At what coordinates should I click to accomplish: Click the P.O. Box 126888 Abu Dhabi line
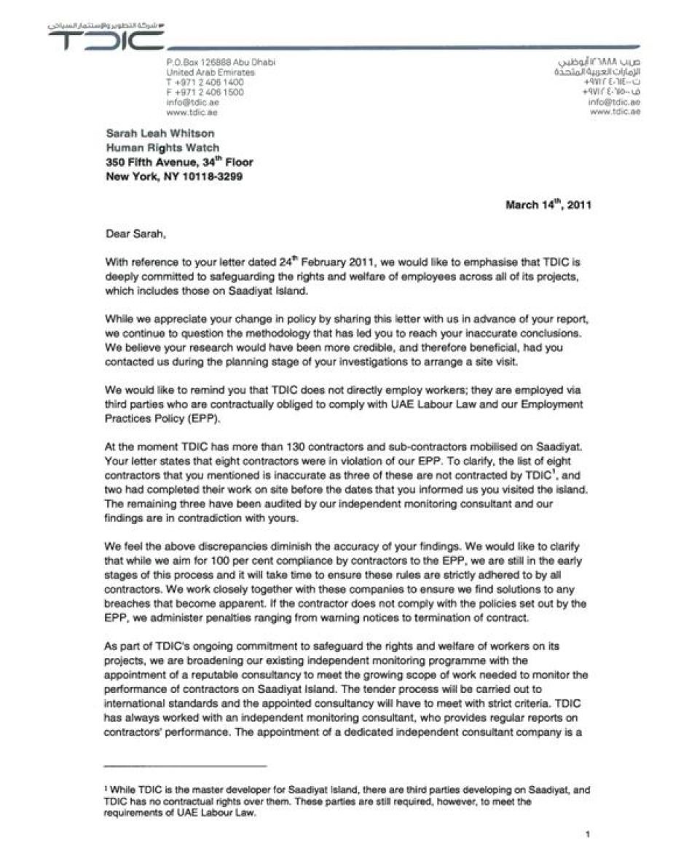[x=221, y=63]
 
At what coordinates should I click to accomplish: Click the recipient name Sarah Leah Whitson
[x=160, y=134]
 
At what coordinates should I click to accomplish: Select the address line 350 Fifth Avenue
[x=179, y=162]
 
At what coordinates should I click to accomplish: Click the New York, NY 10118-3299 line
[x=174, y=176]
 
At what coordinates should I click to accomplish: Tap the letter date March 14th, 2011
[x=548, y=205]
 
